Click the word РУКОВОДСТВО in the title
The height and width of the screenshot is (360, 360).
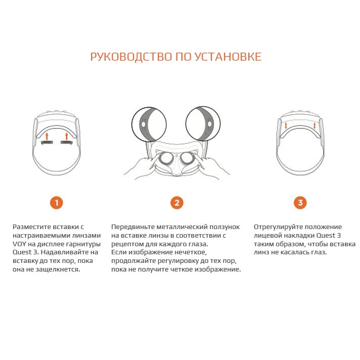[x=131, y=57]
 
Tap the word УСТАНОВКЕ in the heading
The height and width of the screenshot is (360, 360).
[x=228, y=57]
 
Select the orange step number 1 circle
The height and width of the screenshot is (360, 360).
[x=57, y=203]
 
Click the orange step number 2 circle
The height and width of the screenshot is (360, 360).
[x=177, y=203]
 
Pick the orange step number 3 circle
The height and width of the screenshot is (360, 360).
[x=300, y=203]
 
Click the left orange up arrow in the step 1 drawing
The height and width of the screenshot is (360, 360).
[x=47, y=136]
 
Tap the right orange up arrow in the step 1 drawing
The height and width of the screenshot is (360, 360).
[x=67, y=136]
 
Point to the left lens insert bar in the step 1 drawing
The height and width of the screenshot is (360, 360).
[x=47, y=143]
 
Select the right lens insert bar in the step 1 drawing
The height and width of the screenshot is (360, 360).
[x=67, y=143]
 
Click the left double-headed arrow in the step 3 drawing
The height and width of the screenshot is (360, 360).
[x=286, y=125]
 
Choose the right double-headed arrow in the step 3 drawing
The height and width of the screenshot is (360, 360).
[x=314, y=125]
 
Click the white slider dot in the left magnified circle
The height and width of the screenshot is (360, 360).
[x=144, y=124]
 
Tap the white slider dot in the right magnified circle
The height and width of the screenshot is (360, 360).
[x=209, y=124]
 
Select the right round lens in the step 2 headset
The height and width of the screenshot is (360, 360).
[x=187, y=158]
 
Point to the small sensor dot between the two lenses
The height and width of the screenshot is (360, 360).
[x=176, y=156]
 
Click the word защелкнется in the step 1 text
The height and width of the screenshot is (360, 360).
[x=58, y=269]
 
